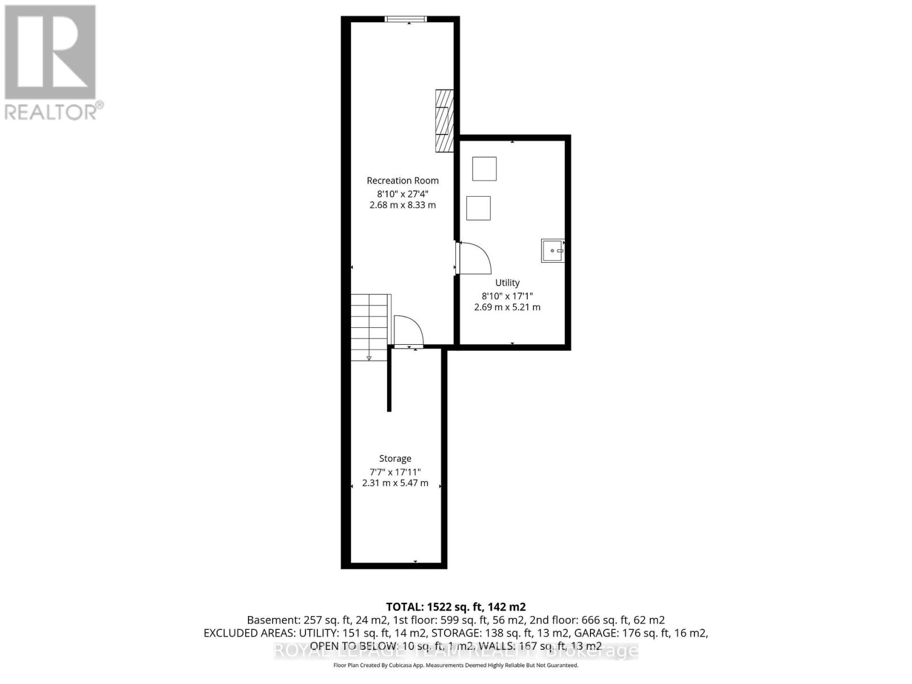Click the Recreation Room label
tap(402, 181)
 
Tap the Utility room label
tap(507, 283)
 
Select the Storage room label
tap(395, 459)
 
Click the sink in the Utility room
tap(552, 251)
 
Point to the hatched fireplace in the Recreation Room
tap(444, 120)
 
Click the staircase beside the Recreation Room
tap(369, 327)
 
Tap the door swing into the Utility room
tap(474, 258)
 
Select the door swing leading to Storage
tap(408, 331)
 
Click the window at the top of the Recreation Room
tap(405, 19)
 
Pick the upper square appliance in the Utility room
tap(484, 169)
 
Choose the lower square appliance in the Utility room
tap(478, 208)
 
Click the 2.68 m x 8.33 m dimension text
tap(402, 205)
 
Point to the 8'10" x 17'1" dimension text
tap(507, 296)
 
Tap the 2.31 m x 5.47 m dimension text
tap(395, 483)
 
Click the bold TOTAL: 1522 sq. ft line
tap(455, 607)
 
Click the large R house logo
tap(50, 52)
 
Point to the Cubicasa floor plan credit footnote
tap(455, 665)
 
